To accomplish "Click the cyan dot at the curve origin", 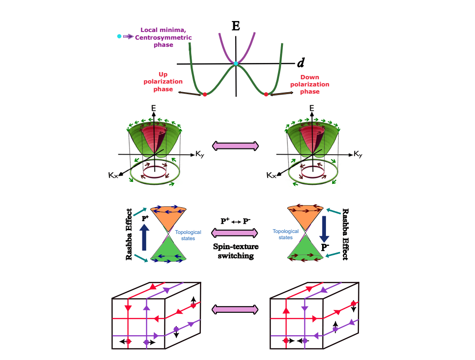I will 236,64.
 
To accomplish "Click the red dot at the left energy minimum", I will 205,95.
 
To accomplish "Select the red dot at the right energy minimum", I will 266,95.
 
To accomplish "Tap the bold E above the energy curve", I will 236,26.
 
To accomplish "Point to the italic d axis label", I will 301,62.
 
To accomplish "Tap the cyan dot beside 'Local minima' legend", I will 119,36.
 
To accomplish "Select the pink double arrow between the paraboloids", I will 236,145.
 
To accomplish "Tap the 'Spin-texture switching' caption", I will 236,252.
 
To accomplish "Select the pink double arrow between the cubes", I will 236,310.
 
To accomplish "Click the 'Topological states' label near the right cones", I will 286,234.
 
